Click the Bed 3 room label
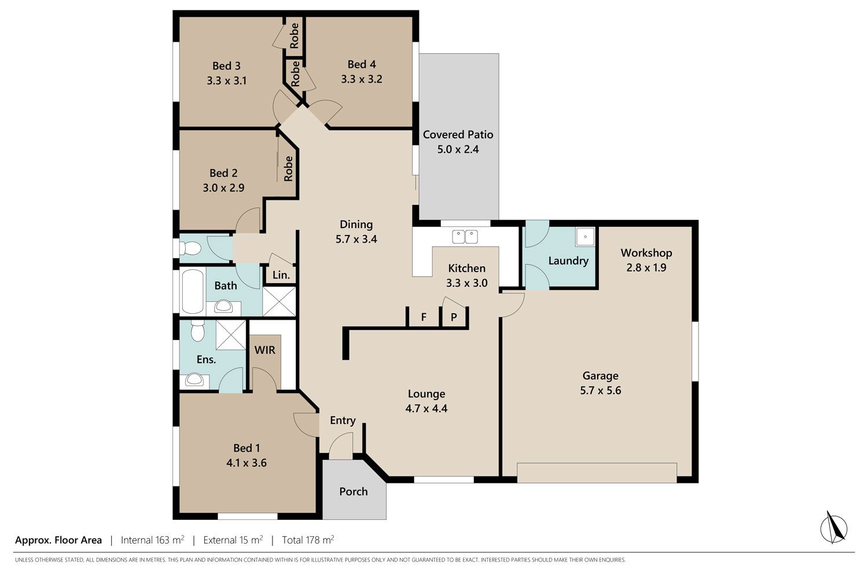coord(226,66)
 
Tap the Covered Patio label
coord(458,134)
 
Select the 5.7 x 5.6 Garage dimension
coord(600,390)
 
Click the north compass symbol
coord(833,528)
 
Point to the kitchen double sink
coord(465,237)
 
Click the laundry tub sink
coord(584,237)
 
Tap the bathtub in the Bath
coord(193,291)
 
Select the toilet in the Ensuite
coord(198,331)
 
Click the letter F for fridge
coord(424,317)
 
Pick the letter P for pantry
coord(454,317)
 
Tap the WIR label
coord(264,350)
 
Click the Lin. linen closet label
coord(281,275)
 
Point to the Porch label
coord(354,492)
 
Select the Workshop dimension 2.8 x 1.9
coord(646,267)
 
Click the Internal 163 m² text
coord(152,540)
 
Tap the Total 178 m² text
coord(308,540)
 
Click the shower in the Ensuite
coord(231,335)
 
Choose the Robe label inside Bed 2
coord(288,168)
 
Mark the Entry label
coord(343,420)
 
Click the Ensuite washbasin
coord(194,380)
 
